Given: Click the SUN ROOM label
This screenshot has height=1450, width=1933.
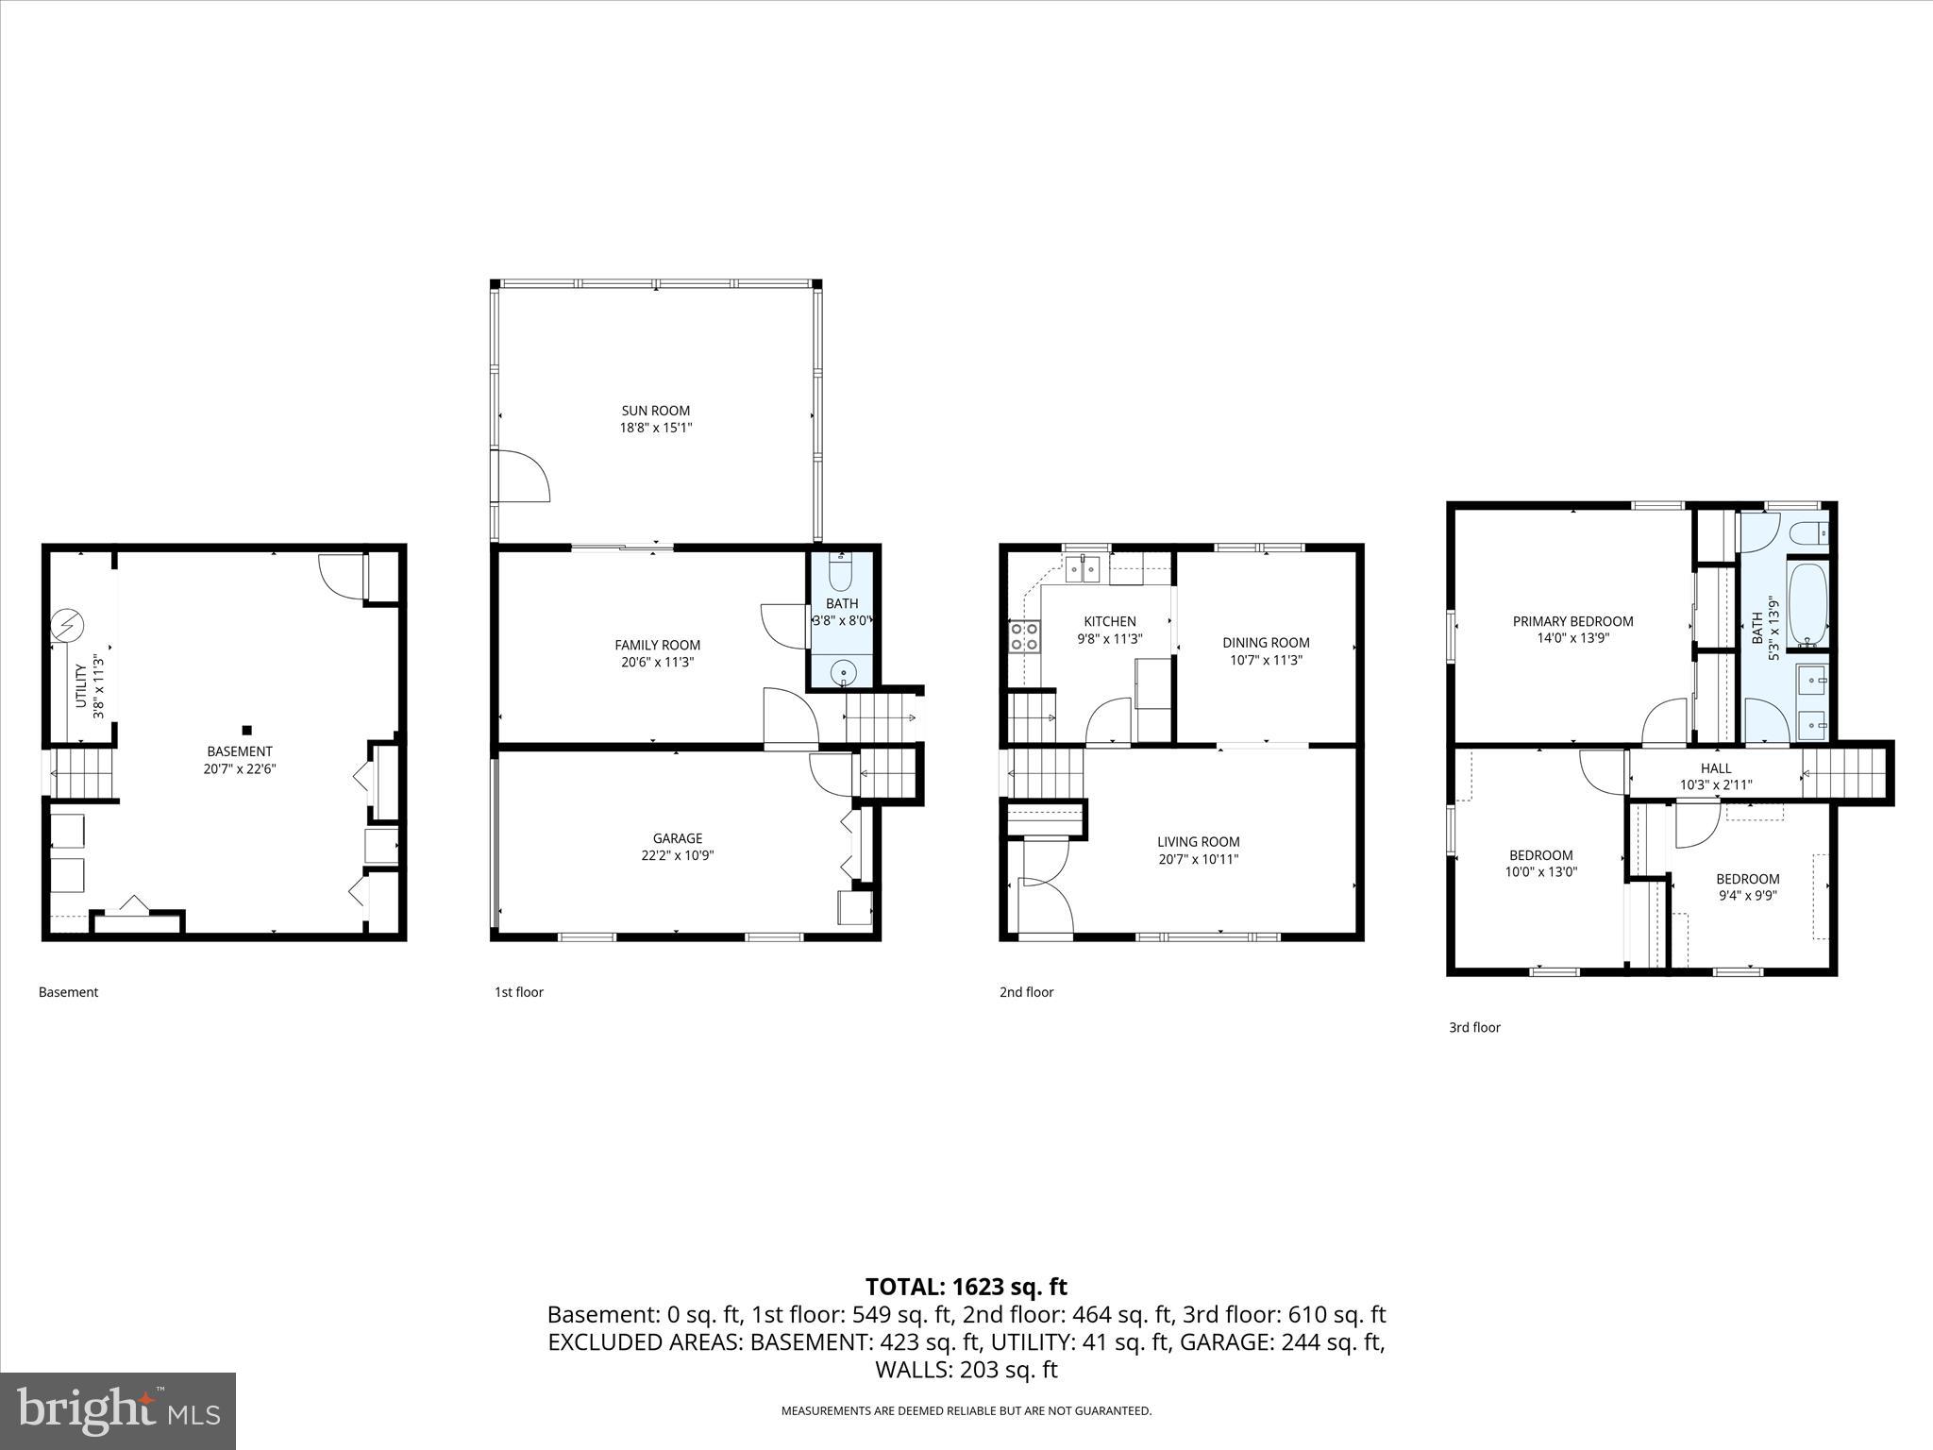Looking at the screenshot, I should tap(655, 411).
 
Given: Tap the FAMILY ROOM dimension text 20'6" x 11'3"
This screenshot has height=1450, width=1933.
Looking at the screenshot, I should tap(657, 663).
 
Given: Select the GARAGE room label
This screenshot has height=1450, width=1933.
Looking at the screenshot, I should tap(677, 838).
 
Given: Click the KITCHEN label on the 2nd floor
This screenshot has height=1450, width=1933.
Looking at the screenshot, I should tap(1109, 621).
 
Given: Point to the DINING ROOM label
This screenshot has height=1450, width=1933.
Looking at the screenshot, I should tap(1266, 643).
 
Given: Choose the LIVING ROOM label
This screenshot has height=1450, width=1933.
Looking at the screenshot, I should tap(1198, 842).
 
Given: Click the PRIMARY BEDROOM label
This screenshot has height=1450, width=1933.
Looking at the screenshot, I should tap(1572, 621).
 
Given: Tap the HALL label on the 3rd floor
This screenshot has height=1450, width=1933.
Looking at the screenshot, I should tap(1715, 768).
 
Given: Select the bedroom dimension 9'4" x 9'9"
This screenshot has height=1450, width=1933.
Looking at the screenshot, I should tap(1747, 896).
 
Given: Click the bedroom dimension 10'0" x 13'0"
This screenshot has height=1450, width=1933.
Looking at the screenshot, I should tap(1540, 872).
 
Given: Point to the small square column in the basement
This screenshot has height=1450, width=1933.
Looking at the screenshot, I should tap(247, 730).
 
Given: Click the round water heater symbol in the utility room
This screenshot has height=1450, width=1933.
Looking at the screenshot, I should tap(67, 625).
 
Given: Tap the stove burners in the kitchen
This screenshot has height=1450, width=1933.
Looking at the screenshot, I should tap(1024, 636).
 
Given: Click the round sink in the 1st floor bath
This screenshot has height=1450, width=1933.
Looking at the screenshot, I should tap(842, 673).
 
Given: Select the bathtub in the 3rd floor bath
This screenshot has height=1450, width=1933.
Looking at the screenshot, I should tap(1807, 603).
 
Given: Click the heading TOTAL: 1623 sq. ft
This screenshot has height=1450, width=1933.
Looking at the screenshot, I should tap(966, 1287).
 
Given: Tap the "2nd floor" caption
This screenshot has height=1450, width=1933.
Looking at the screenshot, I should tap(1026, 992).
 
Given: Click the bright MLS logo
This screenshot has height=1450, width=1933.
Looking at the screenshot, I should tap(118, 1411).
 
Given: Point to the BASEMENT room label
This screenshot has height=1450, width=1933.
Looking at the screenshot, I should tap(239, 751).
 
